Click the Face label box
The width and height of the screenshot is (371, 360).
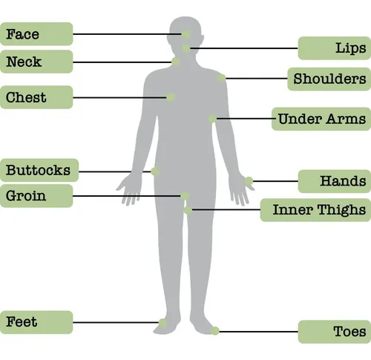coord(36,34)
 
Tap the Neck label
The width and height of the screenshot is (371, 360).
coord(36,62)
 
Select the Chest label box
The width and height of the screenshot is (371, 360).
coord(36,97)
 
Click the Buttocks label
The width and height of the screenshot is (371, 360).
coord(39,170)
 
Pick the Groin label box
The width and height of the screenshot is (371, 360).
coord(36,196)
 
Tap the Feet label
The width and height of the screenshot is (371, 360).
coord(36,322)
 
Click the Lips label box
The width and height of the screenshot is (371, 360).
coord(335,48)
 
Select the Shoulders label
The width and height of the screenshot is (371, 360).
coord(329,79)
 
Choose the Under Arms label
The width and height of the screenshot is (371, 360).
coord(321,119)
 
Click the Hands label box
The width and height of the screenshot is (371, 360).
coord(335,181)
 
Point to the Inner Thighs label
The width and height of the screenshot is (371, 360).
coord(315,210)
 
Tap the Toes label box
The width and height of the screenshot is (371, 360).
coord(335,332)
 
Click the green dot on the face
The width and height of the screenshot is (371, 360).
coord(186,34)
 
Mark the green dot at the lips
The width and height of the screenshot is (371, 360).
coord(186,48)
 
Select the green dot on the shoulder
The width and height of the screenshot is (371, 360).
coord(222,78)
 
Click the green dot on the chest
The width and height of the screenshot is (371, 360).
coord(171,97)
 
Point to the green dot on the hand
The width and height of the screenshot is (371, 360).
coord(249,181)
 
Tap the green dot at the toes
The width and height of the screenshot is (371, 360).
coord(215,331)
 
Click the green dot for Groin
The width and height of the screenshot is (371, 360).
coord(185,196)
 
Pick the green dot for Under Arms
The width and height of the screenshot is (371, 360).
coord(212,119)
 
